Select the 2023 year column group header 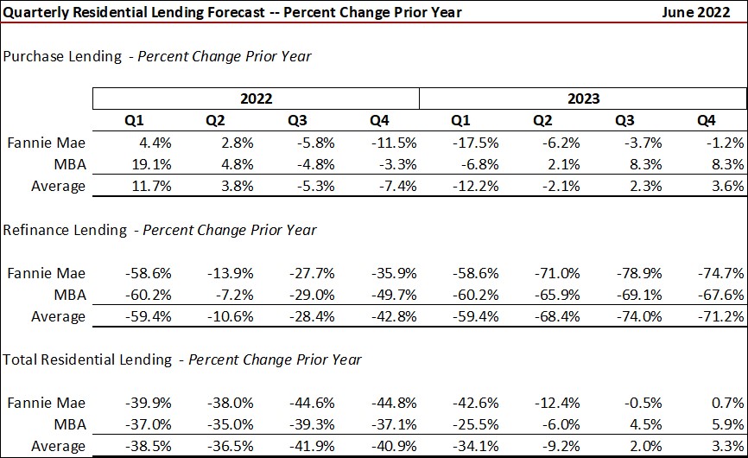click(583, 99)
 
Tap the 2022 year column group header click(257, 99)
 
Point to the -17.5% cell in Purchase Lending click(478, 143)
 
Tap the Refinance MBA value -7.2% click(231, 295)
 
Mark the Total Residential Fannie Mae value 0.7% click(727, 404)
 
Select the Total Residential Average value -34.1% click(478, 447)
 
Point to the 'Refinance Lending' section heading click(63, 230)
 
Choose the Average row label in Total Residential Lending click(59, 447)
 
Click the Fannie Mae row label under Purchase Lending click(47, 143)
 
